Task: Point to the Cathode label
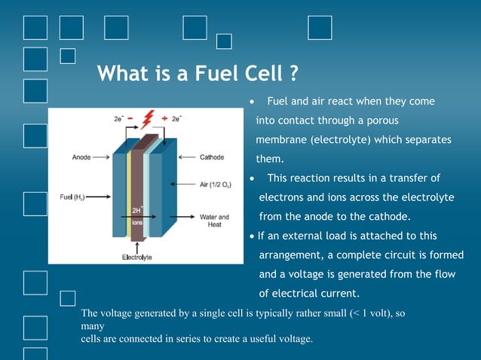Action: point(211,157)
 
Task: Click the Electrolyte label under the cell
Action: point(137,257)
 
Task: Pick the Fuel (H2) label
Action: point(72,197)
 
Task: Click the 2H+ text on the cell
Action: point(139,210)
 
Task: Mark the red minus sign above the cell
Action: point(130,118)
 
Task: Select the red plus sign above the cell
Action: point(164,118)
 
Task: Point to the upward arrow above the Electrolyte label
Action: point(136,245)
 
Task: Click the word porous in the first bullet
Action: point(382,121)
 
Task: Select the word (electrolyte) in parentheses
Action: point(344,140)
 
